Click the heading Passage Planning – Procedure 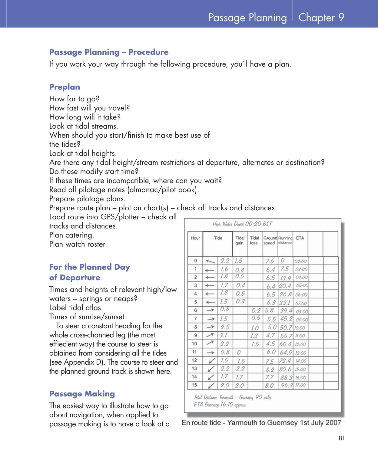coord(109,52)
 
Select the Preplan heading coord(65,87)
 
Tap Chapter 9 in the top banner coord(321,18)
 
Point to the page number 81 coord(342,438)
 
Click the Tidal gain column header coord(240,240)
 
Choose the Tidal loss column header coord(254,240)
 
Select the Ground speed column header coord(270,240)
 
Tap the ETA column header coord(300,238)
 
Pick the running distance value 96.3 coord(286,385)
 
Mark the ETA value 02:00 coord(301,261)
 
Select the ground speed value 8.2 coord(270,369)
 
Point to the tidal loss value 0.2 coord(256,310)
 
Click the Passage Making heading coord(82,394)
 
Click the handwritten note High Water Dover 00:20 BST coord(242,224)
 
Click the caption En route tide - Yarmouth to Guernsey coord(261,423)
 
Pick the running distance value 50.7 coord(286,327)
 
